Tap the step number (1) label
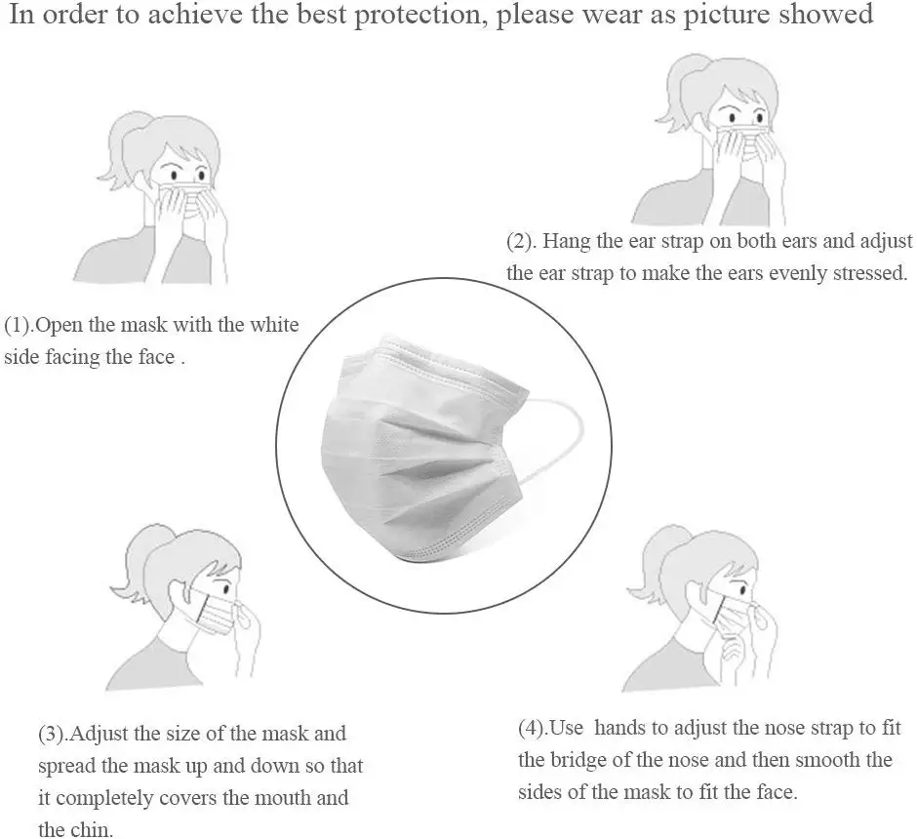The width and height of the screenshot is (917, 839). (20, 325)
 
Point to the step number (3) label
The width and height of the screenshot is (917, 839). (53, 733)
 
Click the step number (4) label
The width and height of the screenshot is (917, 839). (534, 727)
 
